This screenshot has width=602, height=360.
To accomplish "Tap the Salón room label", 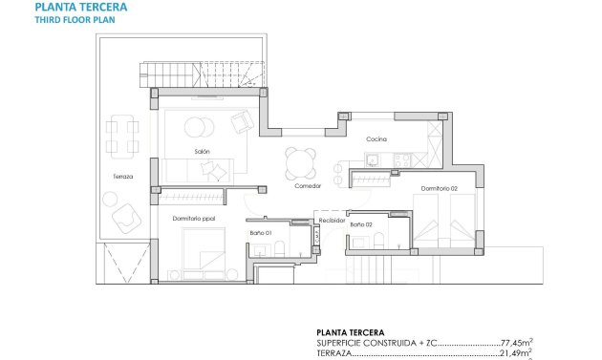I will [x=202, y=151].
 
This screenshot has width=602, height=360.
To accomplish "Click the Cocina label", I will [x=376, y=139].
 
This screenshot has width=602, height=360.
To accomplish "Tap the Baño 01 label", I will [x=261, y=233].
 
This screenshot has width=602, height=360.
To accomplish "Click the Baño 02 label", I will [x=361, y=224].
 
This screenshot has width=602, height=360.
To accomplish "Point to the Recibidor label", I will [x=332, y=219].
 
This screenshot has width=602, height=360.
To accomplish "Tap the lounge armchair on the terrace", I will [x=123, y=221].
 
